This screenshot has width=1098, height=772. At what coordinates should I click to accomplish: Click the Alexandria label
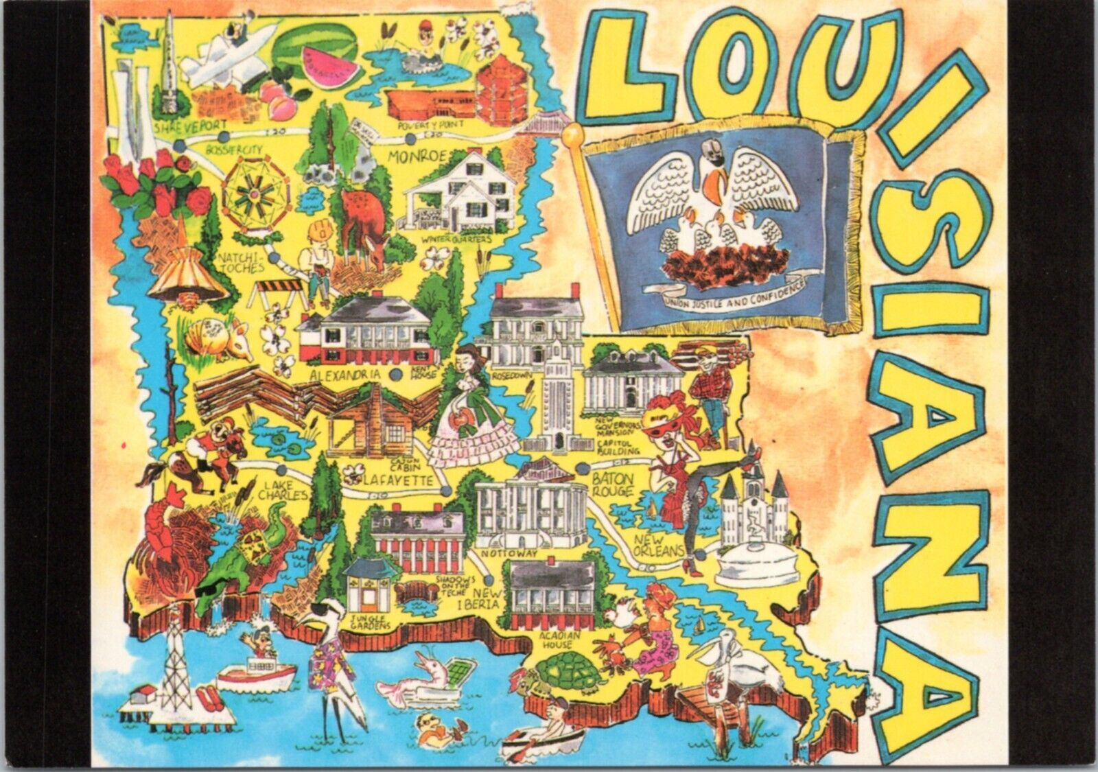pos(345,375)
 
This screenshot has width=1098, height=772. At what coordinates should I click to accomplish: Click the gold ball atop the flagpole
pos(570,134)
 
